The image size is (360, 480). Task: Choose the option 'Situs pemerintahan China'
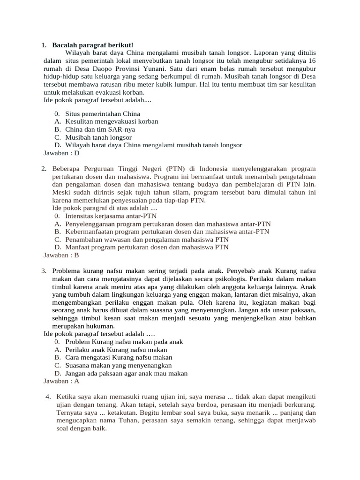click(103, 113)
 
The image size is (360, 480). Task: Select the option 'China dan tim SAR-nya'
click(99, 129)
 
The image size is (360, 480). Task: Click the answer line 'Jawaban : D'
click(61, 153)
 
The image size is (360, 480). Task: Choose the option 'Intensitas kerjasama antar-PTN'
click(111, 216)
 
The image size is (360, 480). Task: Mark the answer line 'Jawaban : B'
click(61, 255)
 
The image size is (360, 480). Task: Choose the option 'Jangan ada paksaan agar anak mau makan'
click(127, 373)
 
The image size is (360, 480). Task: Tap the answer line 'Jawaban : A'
click(61, 381)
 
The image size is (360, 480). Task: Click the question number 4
click(48, 397)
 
